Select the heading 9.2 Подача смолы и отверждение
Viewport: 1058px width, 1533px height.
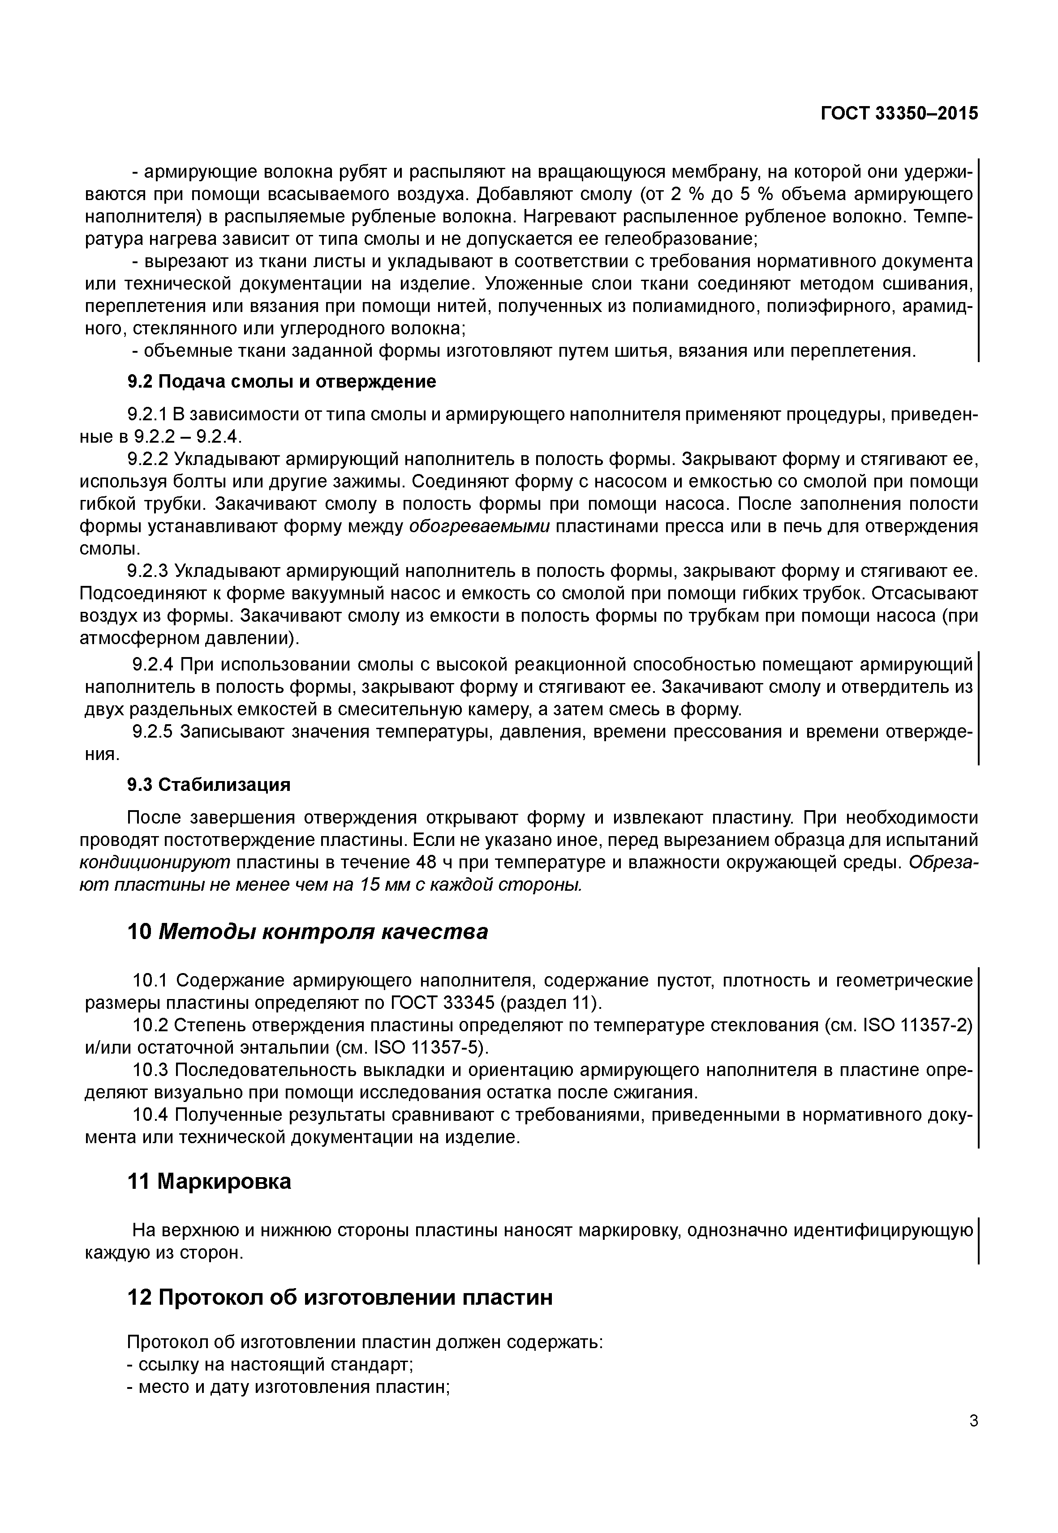coord(282,382)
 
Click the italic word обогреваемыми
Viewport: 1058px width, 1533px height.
coord(479,527)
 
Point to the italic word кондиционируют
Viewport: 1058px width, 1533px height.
coord(155,863)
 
